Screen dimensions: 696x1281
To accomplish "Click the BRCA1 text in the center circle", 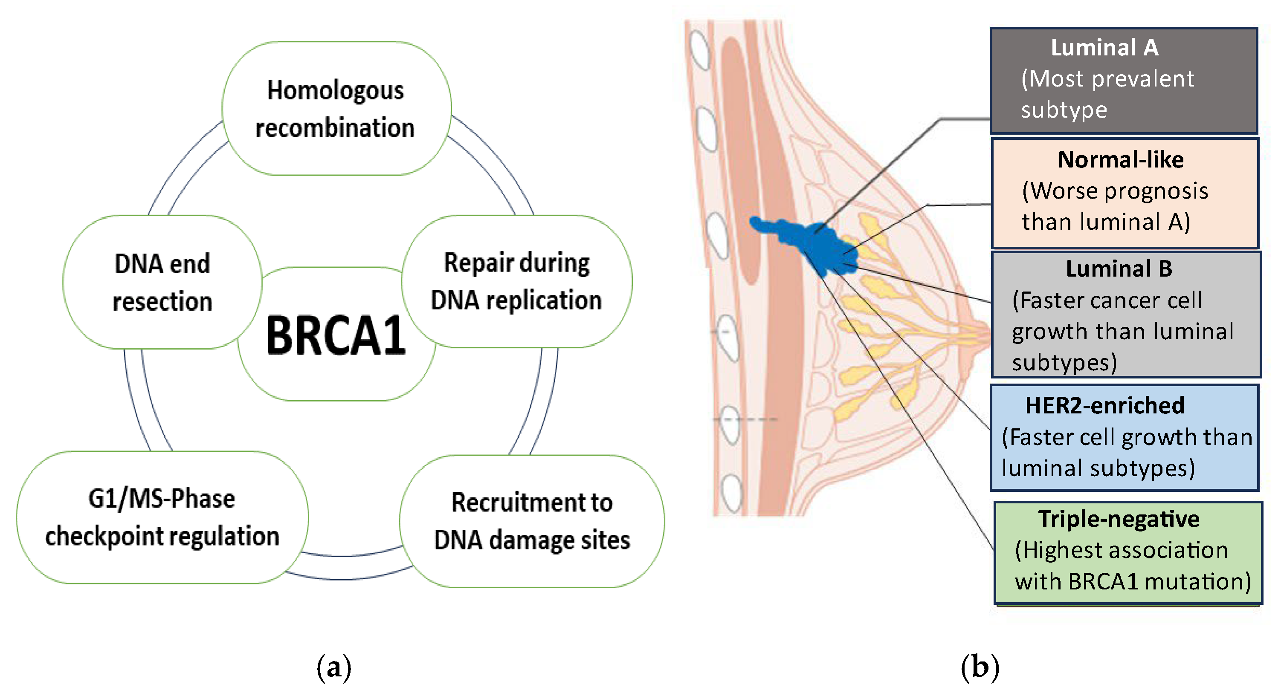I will pos(336,336).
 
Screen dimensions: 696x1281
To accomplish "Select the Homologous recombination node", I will pos(336,108).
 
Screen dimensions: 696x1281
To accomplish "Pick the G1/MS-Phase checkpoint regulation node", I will pos(162,517).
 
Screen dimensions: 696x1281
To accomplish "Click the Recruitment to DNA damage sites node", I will pos(532,521).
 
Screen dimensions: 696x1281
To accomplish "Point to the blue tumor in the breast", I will pos(815,244).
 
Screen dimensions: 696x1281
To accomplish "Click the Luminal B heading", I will pos(1119,269).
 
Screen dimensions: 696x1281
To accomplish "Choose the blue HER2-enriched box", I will pos(1124,437).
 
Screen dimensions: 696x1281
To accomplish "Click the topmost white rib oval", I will pos(700,50).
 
